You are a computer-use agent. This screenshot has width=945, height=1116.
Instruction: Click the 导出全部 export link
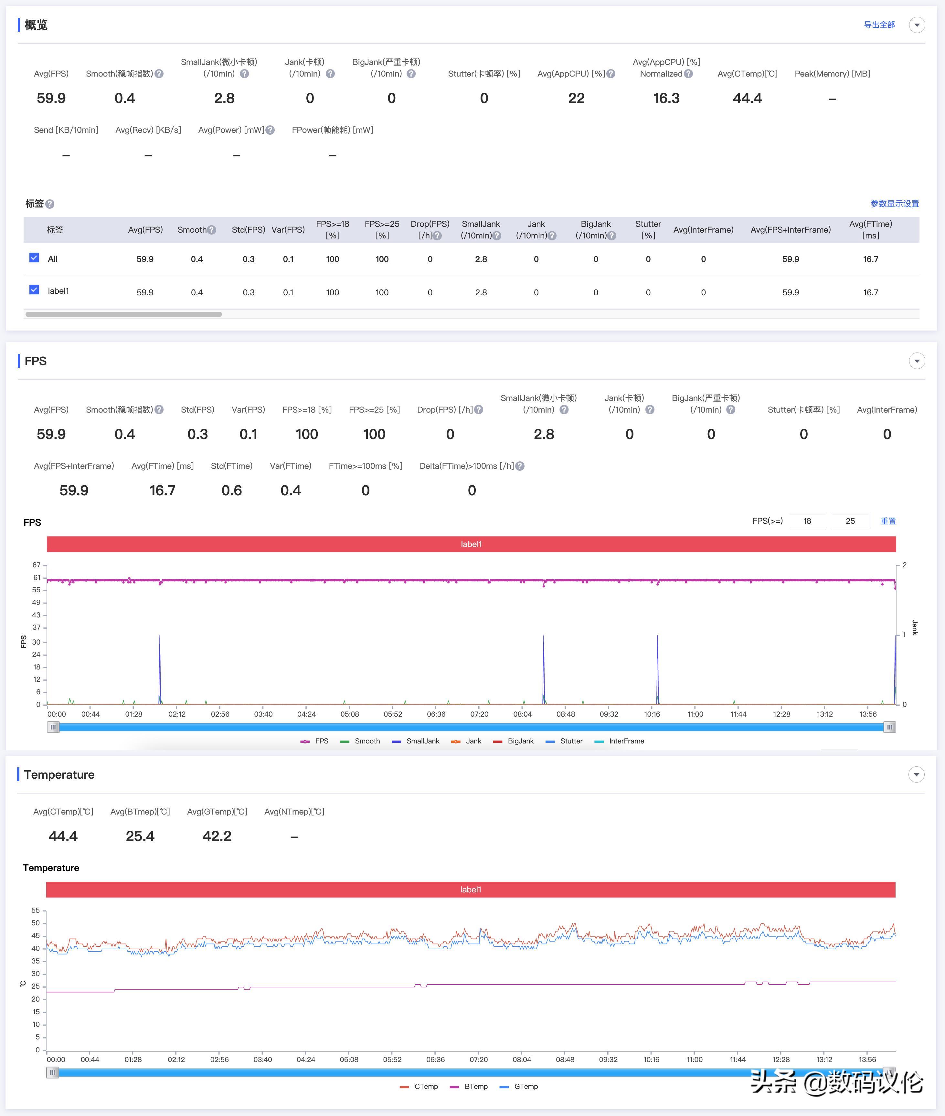coord(879,25)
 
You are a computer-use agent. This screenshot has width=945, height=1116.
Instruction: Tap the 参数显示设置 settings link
coord(894,204)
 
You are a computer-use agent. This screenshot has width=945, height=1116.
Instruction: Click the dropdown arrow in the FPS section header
coord(917,361)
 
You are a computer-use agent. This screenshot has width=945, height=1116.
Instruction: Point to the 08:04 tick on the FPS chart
coord(522,714)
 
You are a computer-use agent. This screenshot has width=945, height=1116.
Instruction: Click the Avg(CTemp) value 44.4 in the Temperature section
coord(63,836)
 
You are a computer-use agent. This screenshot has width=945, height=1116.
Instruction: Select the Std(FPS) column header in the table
coord(248,230)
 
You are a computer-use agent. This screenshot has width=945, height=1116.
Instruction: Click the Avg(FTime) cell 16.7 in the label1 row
coord(870,292)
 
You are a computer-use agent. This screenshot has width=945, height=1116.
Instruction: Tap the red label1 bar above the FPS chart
coord(471,544)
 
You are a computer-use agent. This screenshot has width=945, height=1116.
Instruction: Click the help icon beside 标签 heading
coord(50,204)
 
